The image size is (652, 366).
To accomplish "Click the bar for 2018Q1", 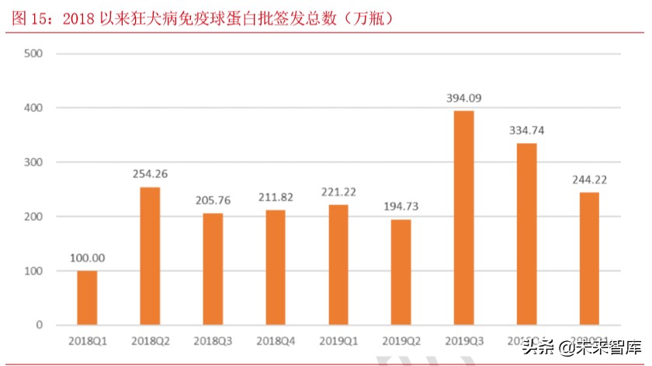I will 87,298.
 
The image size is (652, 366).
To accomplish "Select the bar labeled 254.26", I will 150,256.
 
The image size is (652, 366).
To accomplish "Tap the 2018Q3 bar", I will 213,269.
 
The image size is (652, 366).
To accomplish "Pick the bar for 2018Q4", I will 275,267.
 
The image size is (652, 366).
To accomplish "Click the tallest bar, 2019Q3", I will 463,218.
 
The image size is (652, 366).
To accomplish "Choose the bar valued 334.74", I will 526,234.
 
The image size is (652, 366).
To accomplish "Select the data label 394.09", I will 463,98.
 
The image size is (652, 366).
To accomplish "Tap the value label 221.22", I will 338,192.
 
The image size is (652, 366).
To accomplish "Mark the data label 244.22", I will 589,180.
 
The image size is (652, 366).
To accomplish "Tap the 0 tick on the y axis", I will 38,325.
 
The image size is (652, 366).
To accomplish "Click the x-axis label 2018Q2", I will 150,341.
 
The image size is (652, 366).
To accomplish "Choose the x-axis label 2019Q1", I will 338,341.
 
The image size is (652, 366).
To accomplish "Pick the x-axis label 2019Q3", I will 463,341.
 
